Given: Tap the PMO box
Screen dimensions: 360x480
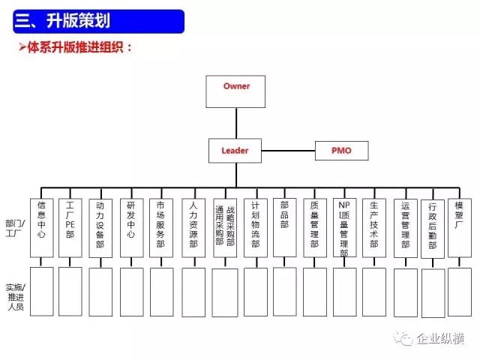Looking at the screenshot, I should tap(341, 151).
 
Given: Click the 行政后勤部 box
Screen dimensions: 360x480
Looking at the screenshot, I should tap(433, 229).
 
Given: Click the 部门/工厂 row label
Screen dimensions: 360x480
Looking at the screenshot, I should tap(14, 228).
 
